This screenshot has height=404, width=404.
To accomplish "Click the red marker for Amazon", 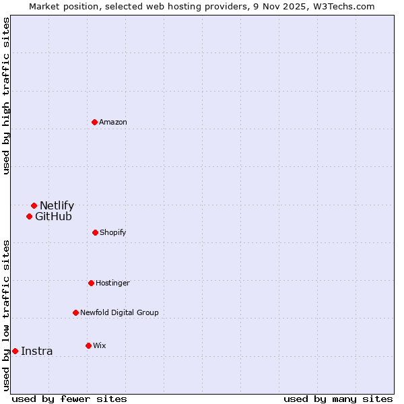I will click(94, 122).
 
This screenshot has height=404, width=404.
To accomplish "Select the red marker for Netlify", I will click(34, 205).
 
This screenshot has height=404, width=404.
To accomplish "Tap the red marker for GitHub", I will click(29, 216).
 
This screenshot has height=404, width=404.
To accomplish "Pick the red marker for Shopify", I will click(95, 232).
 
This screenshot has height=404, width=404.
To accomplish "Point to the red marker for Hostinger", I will click(91, 283).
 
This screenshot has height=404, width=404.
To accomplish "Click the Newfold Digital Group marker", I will click(75, 312).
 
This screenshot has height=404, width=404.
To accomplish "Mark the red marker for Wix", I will click(88, 345).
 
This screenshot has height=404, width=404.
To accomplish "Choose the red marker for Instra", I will click(15, 351).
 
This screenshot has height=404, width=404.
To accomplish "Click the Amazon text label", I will click(113, 122).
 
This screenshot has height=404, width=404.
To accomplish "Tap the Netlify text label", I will click(57, 205).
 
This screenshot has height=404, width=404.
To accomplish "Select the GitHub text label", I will click(53, 216).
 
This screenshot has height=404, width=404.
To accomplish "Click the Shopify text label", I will click(113, 232).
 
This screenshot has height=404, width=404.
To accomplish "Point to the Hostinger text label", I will click(112, 283).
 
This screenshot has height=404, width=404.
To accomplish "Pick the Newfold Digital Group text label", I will click(119, 312).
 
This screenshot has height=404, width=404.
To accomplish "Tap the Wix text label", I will click(100, 345).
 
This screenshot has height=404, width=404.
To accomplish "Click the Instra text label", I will click(36, 351).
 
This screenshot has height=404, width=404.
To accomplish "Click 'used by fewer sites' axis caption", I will click(69, 399).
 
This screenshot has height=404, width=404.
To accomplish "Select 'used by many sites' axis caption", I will click(338, 399).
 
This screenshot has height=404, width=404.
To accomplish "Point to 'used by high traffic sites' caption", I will click(6, 96).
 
